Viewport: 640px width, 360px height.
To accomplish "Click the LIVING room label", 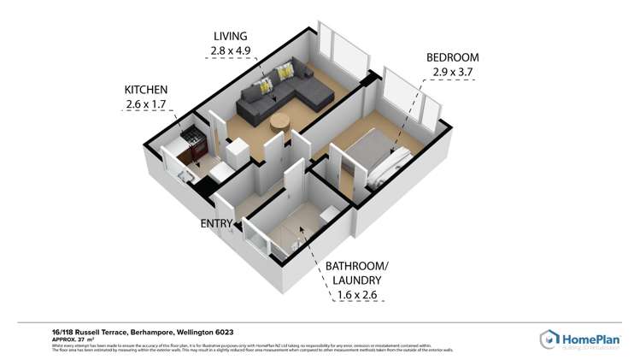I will (230, 36).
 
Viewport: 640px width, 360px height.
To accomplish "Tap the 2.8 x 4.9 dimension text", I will (230, 51).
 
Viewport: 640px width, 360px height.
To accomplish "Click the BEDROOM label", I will (452, 57).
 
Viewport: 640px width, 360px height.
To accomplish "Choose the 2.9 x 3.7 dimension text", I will (452, 73).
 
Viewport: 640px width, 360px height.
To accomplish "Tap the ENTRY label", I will (218, 224).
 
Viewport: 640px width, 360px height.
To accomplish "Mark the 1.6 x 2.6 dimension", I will (353, 295).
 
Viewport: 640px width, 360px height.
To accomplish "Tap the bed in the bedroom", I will (376, 158).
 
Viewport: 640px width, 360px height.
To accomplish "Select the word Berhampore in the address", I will (152, 332).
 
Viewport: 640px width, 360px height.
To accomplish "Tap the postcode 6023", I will (225, 332).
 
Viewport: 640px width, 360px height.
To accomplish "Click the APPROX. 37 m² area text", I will (68, 339).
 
